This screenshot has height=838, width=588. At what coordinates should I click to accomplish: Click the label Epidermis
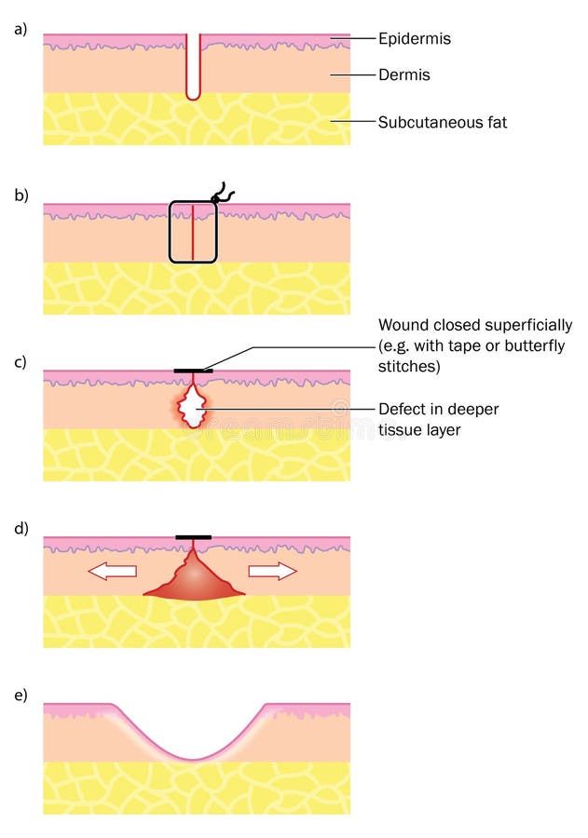414,39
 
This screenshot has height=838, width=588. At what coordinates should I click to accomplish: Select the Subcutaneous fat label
442,122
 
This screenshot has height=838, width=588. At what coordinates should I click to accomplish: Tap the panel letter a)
21,30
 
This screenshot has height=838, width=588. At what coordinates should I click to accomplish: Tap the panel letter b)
21,196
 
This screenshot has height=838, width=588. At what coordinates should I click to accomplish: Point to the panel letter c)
21,362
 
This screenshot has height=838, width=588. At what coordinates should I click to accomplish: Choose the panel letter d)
21,528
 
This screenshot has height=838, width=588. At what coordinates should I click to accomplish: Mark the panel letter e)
21,695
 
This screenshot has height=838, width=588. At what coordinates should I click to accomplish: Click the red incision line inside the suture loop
192,233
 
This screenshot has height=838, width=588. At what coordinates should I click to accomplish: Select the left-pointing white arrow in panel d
112,571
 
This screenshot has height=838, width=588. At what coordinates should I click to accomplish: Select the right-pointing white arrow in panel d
273,571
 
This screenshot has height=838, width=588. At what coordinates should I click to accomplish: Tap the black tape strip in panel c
193,371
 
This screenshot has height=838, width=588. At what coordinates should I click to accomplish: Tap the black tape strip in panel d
193,537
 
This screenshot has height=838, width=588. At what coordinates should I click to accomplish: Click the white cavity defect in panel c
193,409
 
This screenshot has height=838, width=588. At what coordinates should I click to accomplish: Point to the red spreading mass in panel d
193,583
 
